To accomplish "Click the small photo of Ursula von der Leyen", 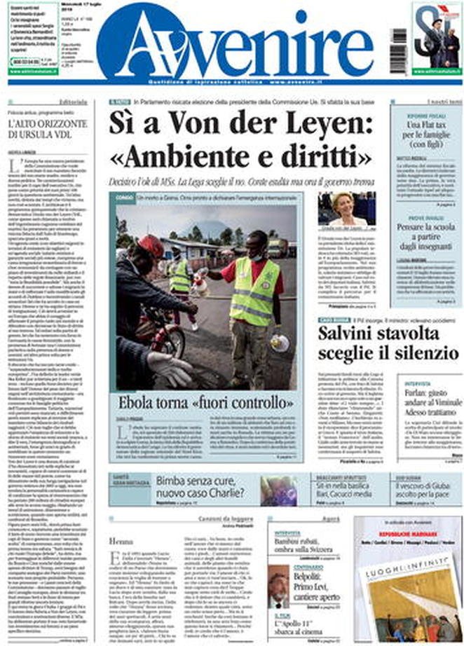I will pos(346,209).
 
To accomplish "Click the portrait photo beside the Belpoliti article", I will pos(278,586).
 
